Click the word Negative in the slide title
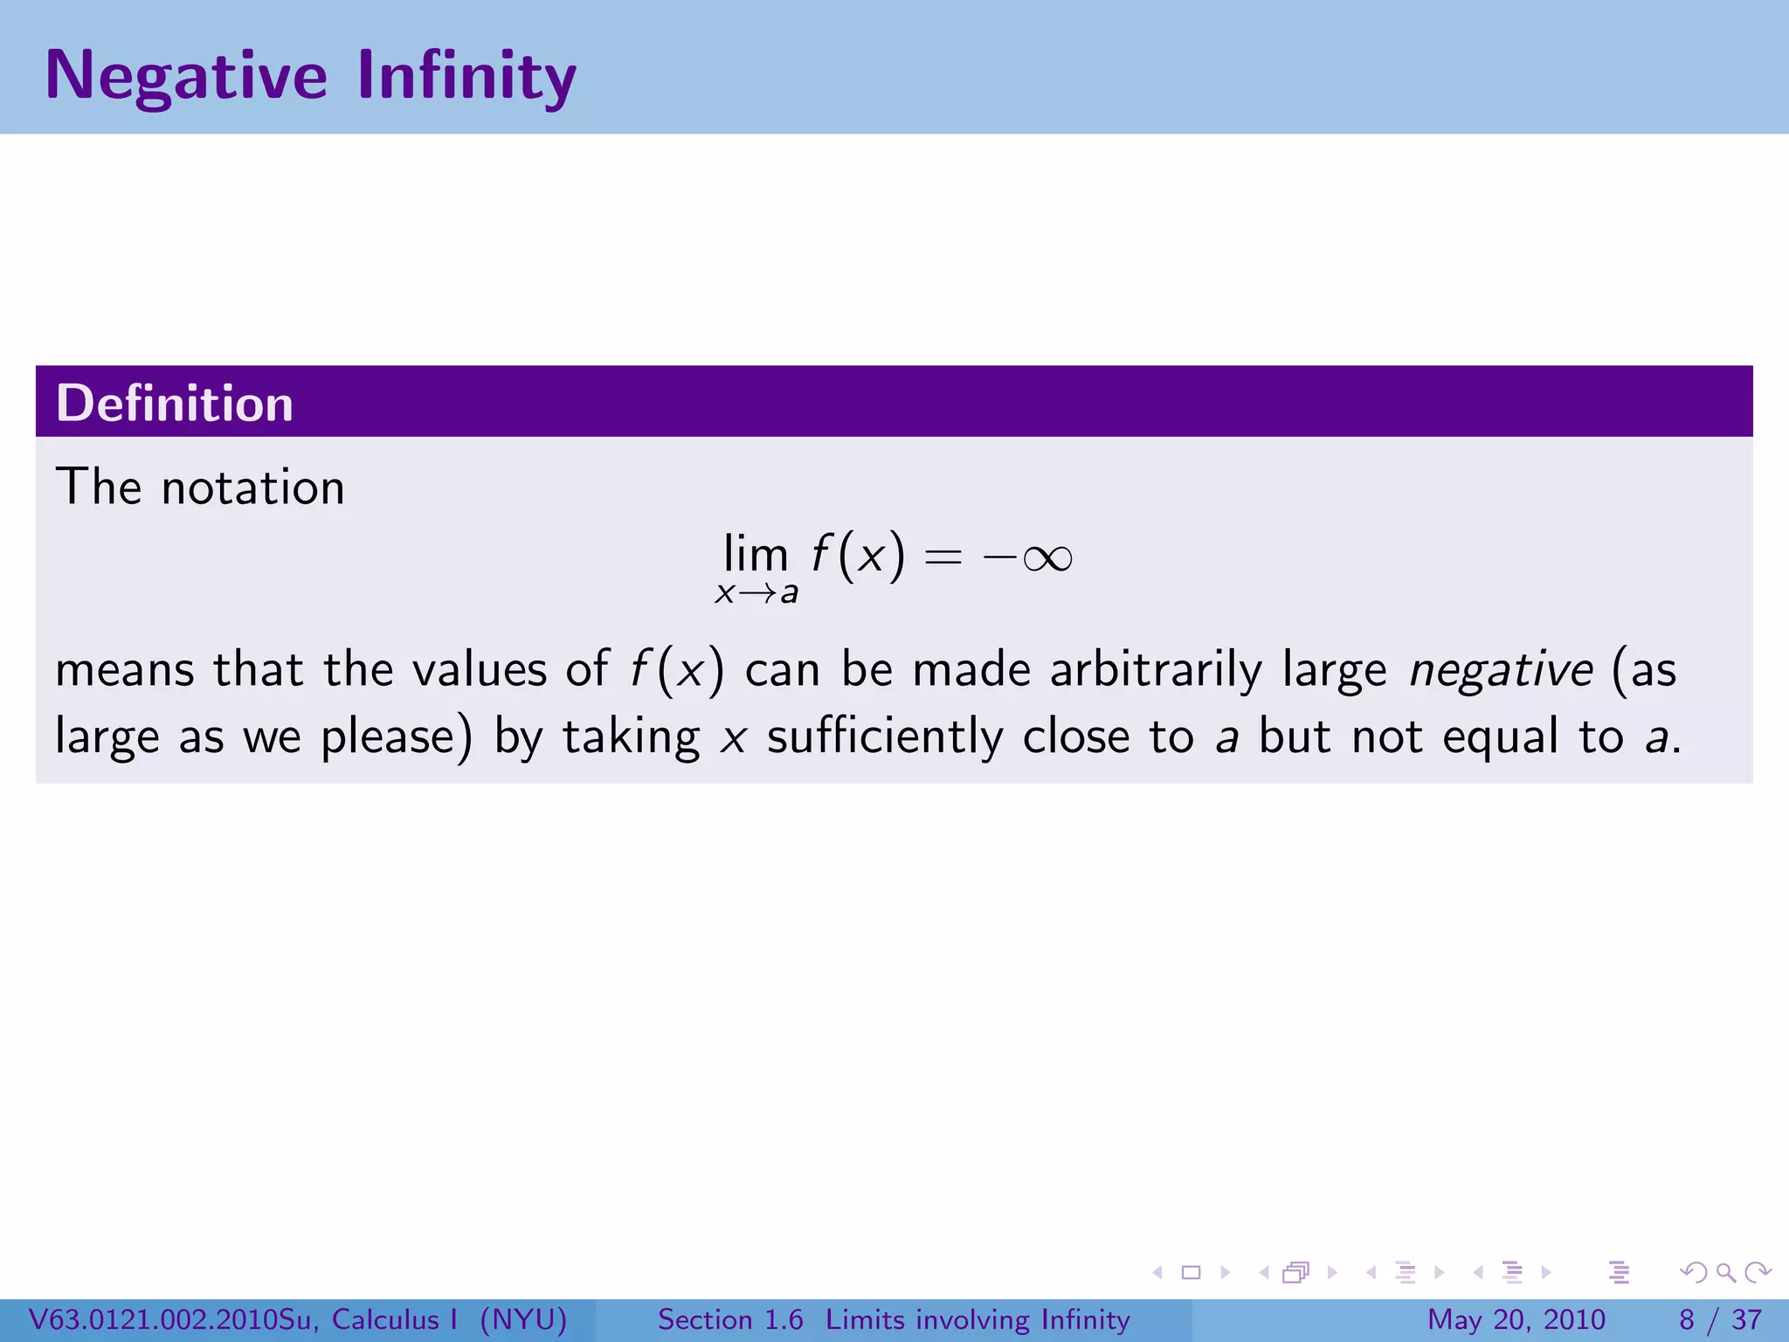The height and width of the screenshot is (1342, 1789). point(186,76)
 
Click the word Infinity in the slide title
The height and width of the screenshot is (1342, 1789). point(466,76)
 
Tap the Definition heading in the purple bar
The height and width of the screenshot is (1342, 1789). point(175,403)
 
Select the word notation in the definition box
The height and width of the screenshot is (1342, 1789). point(253,488)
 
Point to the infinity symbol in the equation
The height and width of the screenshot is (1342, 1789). point(1047,557)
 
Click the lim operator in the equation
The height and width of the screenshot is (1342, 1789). point(756,554)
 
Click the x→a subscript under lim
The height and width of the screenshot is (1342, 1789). point(756,593)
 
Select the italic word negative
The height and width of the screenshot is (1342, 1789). point(1502,670)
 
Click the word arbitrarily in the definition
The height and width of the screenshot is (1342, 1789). point(1156,670)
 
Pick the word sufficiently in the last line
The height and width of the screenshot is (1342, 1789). point(885,737)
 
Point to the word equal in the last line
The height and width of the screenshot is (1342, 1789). point(1500,737)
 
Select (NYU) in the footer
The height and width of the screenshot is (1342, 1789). point(523,1319)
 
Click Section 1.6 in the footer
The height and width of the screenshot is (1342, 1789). point(730,1319)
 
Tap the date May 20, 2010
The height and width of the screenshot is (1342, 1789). point(1516,1319)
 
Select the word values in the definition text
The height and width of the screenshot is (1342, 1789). point(479,670)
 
